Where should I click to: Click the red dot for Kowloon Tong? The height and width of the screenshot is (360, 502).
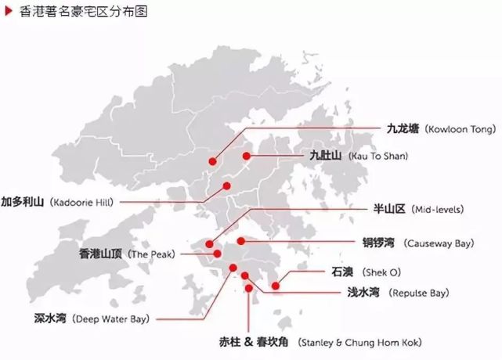tap(212, 161)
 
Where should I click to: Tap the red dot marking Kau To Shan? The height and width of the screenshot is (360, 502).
tap(246, 157)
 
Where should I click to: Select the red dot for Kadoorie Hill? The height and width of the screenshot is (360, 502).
tap(226, 185)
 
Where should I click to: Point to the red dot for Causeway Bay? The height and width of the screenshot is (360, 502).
tap(241, 241)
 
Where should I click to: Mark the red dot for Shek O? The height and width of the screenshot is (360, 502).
tap(276, 286)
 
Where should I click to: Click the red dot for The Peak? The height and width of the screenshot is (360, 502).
tap(217, 254)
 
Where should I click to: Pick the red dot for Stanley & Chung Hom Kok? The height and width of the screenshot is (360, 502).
tap(249, 288)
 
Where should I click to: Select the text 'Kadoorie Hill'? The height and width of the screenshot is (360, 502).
tap(81, 202)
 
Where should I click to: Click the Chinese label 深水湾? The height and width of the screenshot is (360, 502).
tap(51, 319)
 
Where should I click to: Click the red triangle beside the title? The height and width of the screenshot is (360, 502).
tap(7, 12)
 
